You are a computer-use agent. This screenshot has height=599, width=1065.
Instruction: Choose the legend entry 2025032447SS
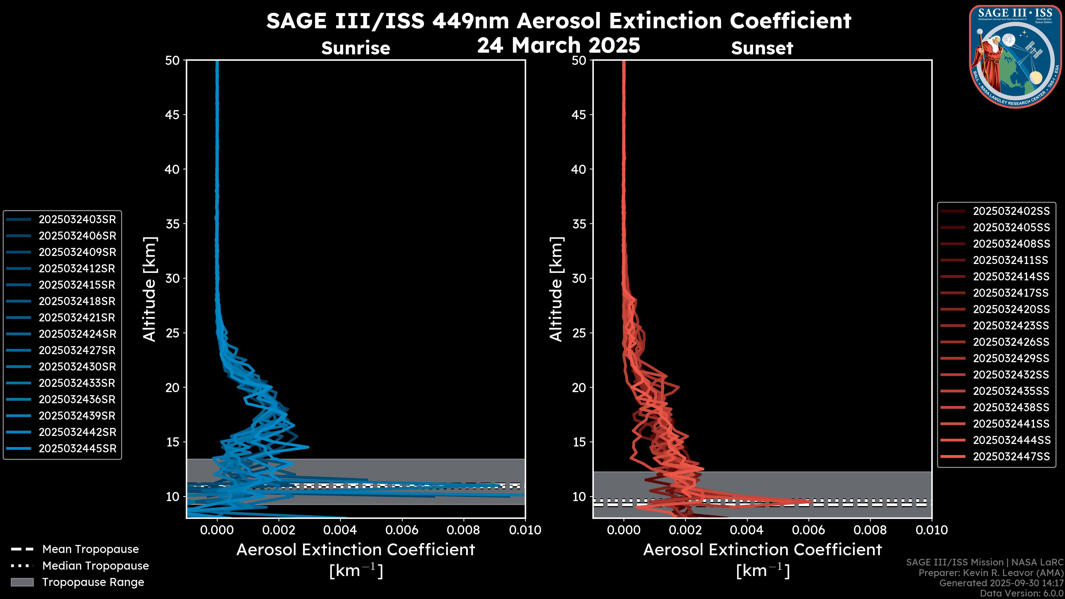coord(1011,456)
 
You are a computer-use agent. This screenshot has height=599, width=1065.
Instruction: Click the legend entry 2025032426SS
coord(1011,342)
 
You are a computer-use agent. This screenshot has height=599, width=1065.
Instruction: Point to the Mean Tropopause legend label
coord(90,549)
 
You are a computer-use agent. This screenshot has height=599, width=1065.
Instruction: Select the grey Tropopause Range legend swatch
coord(22,582)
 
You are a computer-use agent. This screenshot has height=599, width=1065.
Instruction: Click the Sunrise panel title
coord(356,48)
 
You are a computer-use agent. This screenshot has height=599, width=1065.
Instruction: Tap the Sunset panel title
coord(762,48)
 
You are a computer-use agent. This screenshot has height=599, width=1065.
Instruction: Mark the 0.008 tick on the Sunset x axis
coord(870,530)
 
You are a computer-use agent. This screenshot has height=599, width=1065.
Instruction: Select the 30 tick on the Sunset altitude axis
coord(579,278)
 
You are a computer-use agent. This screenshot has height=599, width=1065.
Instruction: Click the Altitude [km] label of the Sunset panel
coord(556,289)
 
